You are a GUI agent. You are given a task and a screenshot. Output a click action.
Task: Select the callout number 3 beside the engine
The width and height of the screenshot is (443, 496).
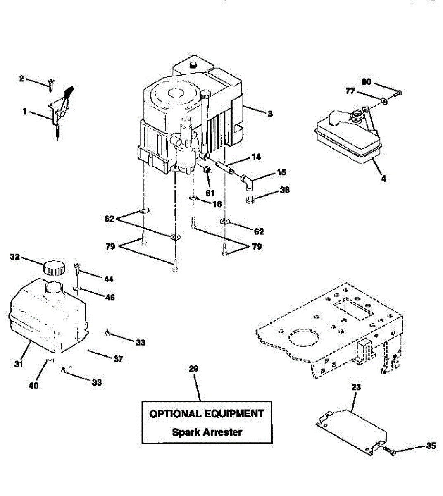[x=270, y=114]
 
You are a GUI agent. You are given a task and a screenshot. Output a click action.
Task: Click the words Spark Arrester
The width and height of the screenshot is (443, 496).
[x=207, y=432]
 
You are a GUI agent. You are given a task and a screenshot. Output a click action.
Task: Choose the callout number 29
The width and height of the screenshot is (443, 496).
[x=193, y=369]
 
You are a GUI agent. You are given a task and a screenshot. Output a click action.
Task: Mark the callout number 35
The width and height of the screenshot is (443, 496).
[x=431, y=446]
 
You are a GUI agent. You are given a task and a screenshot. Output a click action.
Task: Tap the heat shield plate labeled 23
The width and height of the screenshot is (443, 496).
[x=354, y=431]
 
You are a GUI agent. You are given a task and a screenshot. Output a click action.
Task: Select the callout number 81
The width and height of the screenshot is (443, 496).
[x=210, y=193]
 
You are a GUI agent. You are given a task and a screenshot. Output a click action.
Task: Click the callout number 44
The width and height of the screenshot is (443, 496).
[x=108, y=279]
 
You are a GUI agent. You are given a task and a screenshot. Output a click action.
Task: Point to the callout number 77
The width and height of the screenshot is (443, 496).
[x=350, y=91]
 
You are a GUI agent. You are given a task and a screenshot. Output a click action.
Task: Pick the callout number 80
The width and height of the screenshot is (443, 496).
[x=366, y=82]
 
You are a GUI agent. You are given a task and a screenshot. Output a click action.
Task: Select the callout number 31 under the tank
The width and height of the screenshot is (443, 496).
[x=19, y=364]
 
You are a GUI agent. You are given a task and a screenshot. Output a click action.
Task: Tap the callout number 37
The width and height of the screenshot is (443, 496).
[x=118, y=359]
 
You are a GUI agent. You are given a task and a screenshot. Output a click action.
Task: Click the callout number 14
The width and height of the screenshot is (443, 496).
[x=256, y=157]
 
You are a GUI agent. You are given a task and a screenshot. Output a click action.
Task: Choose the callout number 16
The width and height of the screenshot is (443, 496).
[x=217, y=204]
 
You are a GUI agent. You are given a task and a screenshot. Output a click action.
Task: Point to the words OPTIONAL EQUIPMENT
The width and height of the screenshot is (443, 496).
[x=207, y=414]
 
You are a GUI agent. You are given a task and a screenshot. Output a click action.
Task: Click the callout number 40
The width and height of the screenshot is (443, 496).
[x=34, y=385]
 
